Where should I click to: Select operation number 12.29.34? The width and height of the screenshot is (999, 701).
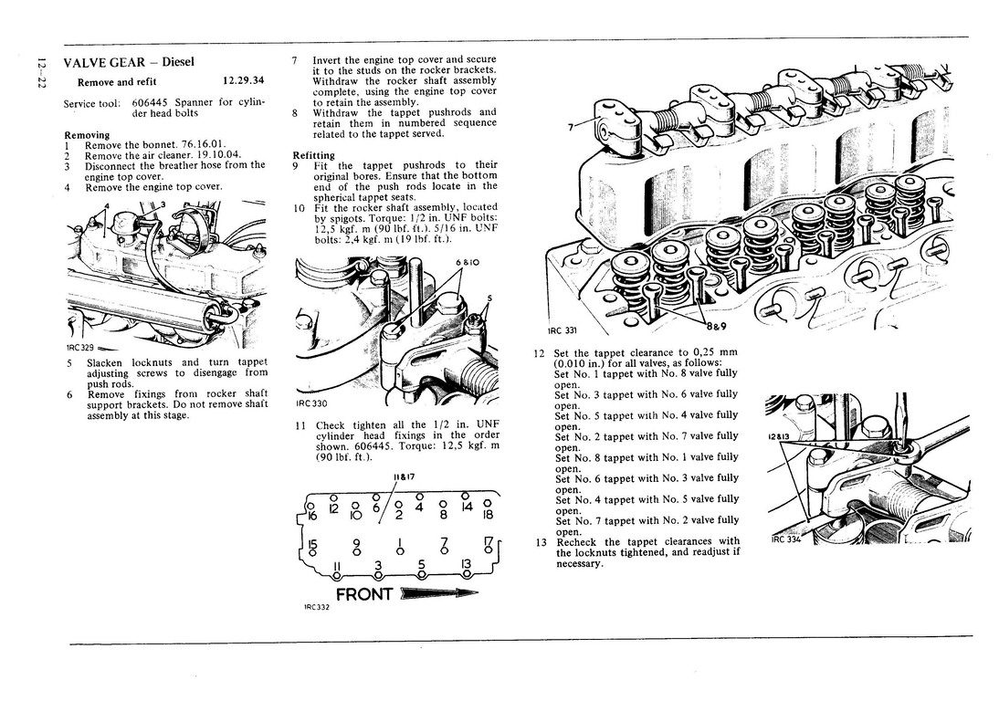coord(243,81)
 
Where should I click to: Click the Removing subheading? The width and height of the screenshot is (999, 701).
coord(87,134)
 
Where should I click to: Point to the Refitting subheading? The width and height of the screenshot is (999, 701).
coord(313,155)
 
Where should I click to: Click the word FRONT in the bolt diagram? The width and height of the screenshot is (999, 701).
coord(365,594)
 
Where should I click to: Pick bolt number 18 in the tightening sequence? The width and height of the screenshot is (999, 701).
coord(488,514)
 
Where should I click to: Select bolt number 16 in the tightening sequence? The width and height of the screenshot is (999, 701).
coord(312,515)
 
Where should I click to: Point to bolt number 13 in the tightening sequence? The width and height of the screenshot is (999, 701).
coord(466,565)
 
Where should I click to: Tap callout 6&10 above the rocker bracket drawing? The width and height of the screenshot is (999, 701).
coord(466,264)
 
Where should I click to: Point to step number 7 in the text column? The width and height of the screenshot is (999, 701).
coord(296,60)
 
